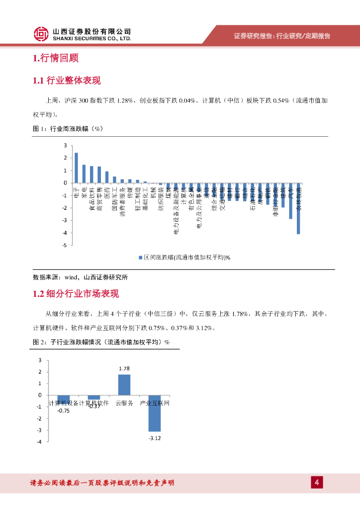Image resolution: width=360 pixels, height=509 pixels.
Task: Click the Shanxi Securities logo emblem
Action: (x=41, y=34)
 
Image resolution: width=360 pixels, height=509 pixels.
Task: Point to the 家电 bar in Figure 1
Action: (x=84, y=174)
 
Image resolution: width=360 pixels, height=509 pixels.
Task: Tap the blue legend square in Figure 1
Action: (x=141, y=257)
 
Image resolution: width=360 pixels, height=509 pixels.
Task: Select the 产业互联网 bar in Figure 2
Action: (x=155, y=413)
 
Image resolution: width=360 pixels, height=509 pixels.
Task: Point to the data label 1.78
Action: (x=124, y=368)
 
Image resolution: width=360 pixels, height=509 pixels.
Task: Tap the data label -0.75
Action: (x=63, y=411)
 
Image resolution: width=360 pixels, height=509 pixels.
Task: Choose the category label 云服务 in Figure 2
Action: (x=124, y=403)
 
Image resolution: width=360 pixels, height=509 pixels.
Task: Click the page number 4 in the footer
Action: (x=317, y=482)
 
